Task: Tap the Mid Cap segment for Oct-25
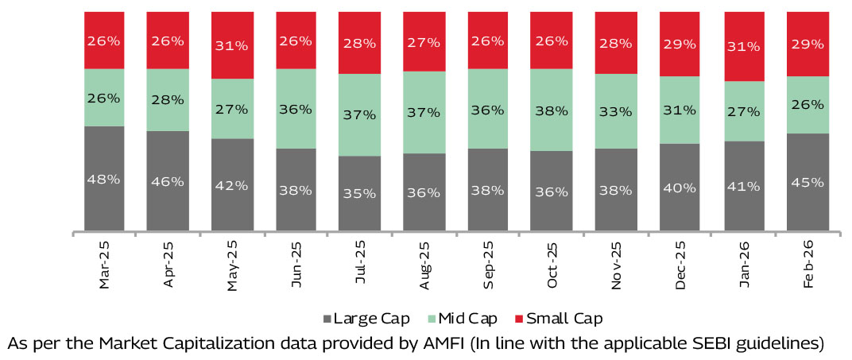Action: (x=551, y=110)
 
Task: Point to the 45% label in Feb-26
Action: (x=807, y=182)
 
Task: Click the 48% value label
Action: (x=104, y=180)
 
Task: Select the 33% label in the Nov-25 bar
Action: (x=615, y=111)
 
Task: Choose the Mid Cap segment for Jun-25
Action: (x=296, y=109)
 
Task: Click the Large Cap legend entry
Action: (x=366, y=319)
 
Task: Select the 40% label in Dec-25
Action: (x=679, y=188)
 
